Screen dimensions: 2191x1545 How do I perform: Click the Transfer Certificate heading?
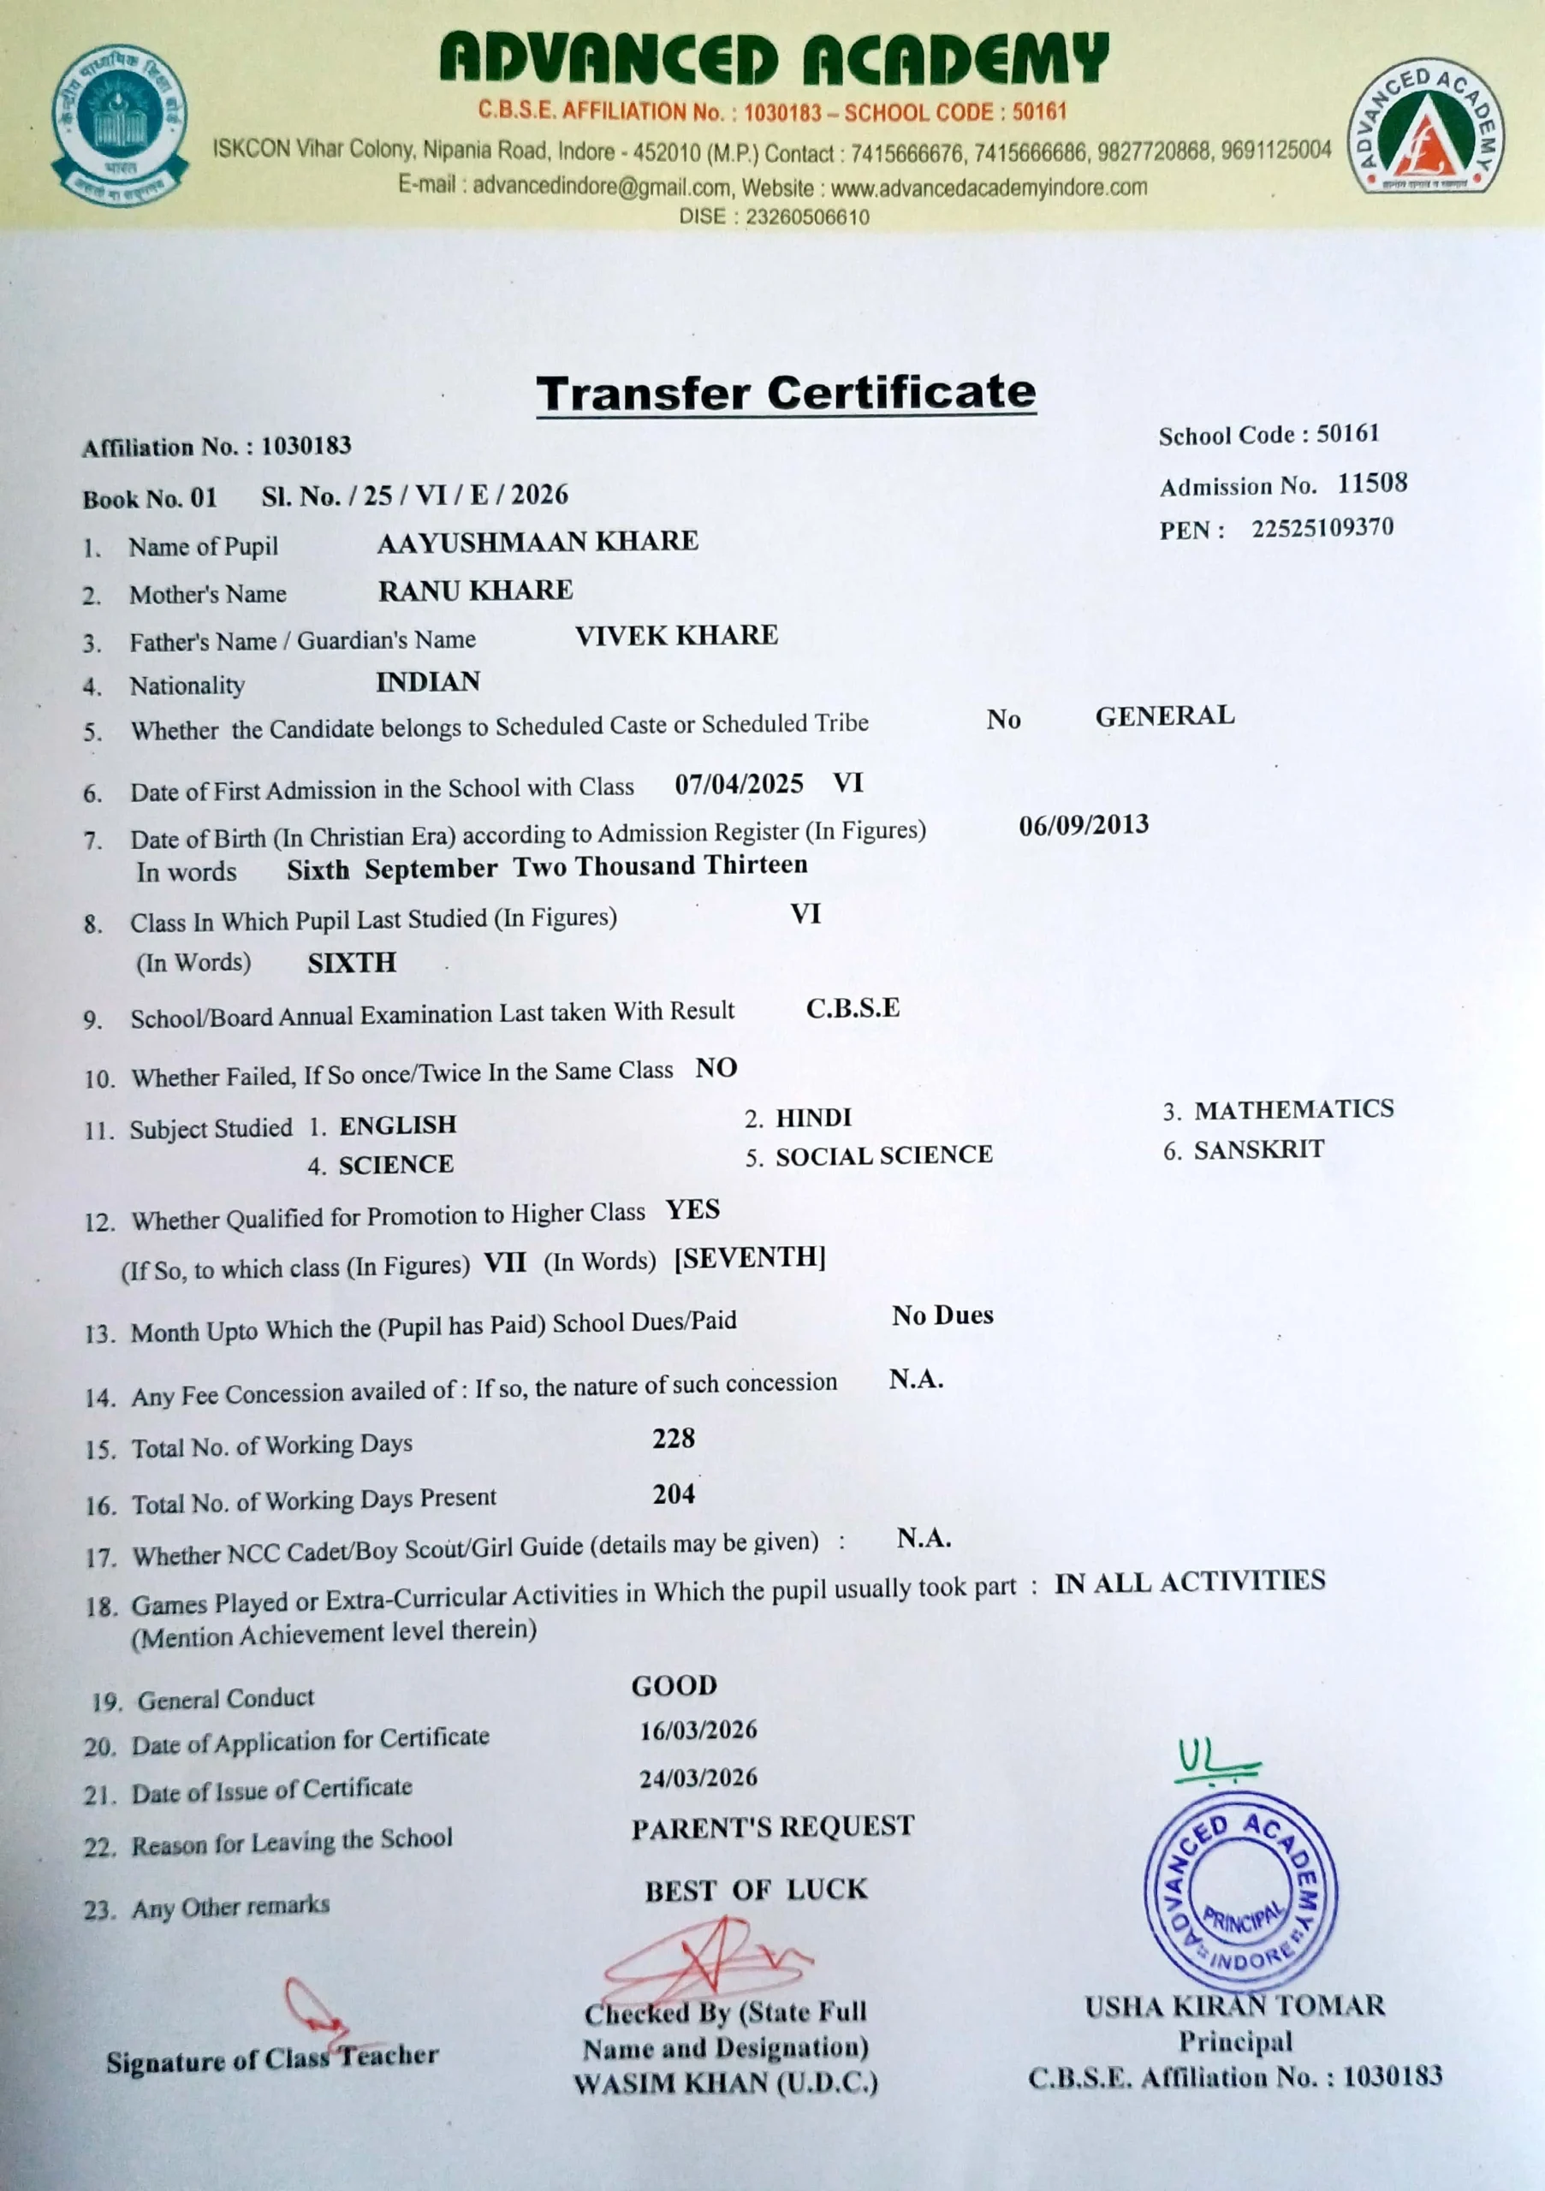[786, 392]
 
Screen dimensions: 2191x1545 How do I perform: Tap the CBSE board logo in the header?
[120, 125]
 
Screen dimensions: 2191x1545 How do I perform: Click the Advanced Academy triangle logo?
[1425, 127]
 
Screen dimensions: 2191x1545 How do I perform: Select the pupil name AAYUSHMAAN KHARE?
[538, 542]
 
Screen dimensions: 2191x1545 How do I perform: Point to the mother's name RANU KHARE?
[475, 591]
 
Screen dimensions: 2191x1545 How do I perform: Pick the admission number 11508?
[1371, 483]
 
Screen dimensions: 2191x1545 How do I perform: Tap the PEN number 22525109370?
[1322, 528]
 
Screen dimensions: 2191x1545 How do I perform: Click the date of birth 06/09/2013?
[1083, 825]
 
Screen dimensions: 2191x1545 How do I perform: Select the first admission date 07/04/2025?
[739, 785]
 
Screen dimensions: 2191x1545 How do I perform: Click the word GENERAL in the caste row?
[1164, 715]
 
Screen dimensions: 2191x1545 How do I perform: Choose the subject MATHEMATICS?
[1293, 1109]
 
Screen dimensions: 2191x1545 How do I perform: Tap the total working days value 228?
[674, 1439]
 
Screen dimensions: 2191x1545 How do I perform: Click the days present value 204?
[674, 1494]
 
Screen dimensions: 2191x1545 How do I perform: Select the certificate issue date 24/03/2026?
[698, 1778]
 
